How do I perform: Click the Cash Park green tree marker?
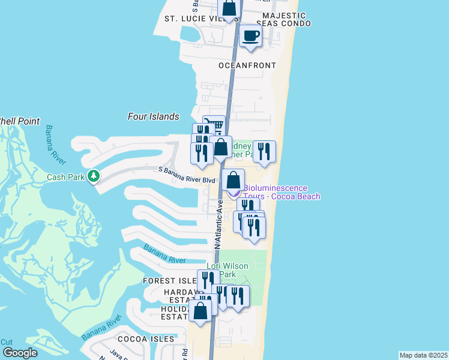coord(93,176)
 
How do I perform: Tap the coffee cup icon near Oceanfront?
coord(250,36)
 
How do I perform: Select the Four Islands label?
coord(154,116)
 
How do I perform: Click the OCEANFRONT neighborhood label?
coord(247,65)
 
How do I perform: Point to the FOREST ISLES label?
coord(169,281)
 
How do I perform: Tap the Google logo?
coord(20,353)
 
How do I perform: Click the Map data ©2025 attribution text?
coord(423,355)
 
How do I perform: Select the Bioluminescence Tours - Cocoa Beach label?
coord(281,192)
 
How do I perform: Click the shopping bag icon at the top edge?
coord(229,9)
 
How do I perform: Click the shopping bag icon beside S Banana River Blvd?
coord(233,179)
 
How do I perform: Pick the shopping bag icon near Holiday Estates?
coord(200,311)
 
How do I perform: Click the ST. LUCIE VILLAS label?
coord(197,19)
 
